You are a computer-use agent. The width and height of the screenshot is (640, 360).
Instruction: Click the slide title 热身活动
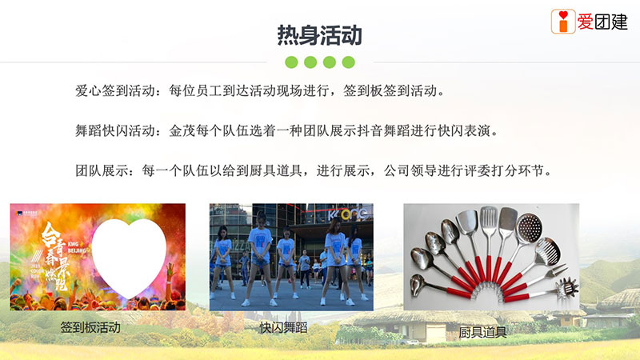coord(319,35)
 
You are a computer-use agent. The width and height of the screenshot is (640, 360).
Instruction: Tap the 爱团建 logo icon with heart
coord(563,22)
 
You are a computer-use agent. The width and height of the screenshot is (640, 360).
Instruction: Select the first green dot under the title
coord(291,62)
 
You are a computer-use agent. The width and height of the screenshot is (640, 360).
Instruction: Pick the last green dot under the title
coord(348,62)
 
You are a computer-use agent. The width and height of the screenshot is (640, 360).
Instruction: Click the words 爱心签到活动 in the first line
coord(115,90)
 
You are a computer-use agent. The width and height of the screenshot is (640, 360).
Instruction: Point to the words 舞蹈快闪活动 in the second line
coord(115,131)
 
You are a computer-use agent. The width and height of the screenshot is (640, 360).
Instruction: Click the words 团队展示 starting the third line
coord(102,170)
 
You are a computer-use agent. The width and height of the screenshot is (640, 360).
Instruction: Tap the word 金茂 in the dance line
coord(182,131)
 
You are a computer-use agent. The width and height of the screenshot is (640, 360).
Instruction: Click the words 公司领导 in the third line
coord(410,170)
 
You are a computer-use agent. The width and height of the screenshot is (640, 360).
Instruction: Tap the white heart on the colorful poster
coord(129,257)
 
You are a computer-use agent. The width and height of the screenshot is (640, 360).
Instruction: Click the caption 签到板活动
coord(90,327)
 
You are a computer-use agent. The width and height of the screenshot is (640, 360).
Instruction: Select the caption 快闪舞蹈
coord(284,327)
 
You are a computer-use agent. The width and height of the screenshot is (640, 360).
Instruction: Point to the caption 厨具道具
coord(483,332)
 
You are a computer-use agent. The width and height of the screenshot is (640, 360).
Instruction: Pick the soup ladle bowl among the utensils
coord(418,284)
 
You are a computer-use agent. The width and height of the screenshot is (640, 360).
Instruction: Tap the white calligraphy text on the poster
coord(55,256)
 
